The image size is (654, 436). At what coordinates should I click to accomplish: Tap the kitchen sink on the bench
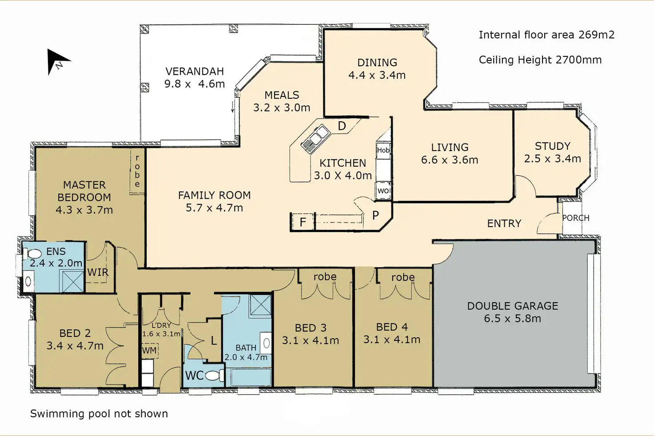pos(315,139)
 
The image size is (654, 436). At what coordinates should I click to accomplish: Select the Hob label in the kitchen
pos(383,150)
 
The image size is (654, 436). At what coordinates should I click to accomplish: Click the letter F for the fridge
pos(303,222)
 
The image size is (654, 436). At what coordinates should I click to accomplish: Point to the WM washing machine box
pos(149,350)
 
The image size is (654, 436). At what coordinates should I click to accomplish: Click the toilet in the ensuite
pos(33,253)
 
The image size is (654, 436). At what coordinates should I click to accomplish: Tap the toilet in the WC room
pos(214,376)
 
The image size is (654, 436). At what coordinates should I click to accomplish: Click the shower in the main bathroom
pos(260,305)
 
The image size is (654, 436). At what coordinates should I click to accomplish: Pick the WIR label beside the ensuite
pos(98,272)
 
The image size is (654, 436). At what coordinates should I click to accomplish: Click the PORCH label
pos(576,218)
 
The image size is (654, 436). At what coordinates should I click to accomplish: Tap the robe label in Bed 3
pos(325,276)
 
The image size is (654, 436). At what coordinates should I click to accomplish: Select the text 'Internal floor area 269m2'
pos(546,35)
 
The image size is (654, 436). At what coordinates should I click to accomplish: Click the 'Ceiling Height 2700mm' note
pos(540,60)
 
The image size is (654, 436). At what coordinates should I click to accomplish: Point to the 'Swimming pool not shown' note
pos(99,414)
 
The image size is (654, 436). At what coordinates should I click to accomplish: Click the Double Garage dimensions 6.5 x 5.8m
pos(512,318)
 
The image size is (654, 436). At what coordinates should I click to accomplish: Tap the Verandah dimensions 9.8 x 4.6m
pos(195,84)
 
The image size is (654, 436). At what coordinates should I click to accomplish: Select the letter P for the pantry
pos(375,215)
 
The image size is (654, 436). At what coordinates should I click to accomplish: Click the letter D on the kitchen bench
pos(342,126)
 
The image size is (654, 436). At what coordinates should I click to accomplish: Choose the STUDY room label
pos(552,146)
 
